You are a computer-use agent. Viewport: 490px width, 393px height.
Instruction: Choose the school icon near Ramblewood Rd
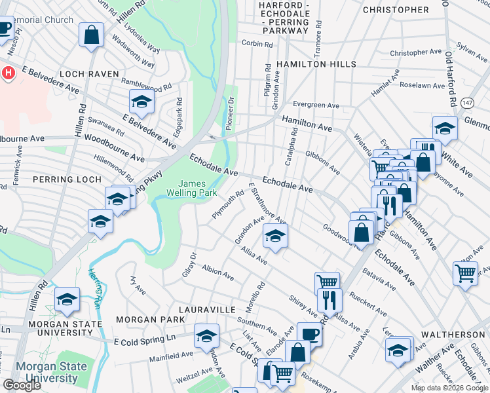click(141, 102)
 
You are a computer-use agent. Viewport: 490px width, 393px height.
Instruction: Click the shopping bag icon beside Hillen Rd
click(92, 35)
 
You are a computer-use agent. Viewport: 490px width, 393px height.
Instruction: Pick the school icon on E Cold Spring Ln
click(206, 336)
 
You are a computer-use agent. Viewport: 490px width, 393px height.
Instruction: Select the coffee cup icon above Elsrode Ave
click(309, 333)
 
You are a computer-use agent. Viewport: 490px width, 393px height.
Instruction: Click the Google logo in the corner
click(22, 385)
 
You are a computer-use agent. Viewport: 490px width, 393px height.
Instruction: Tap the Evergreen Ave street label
click(316, 105)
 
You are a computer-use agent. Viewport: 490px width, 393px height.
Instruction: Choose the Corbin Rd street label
click(257, 44)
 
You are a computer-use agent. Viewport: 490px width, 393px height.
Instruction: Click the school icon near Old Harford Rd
click(445, 128)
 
